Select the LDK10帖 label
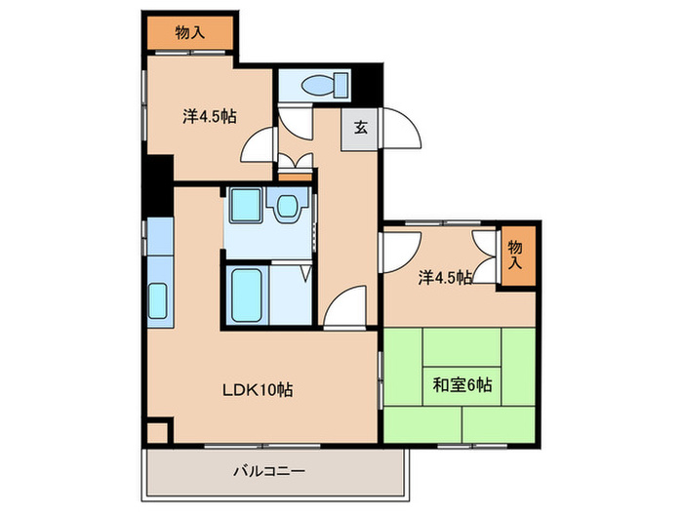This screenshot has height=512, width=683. tap(257, 390)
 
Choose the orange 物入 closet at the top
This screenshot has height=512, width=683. tap(190, 33)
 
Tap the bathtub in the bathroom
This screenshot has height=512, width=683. tap(247, 293)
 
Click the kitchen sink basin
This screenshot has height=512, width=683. tap(158, 302)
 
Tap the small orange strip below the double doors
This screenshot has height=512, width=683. tap(295, 176)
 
